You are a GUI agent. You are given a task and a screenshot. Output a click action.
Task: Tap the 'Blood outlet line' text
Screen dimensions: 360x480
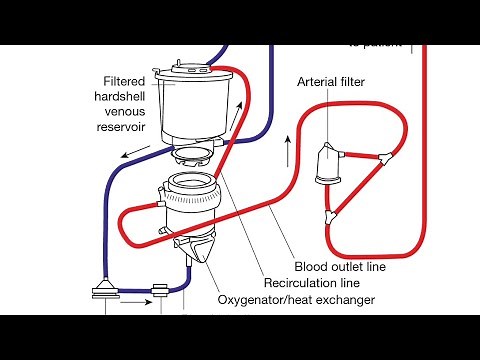340,267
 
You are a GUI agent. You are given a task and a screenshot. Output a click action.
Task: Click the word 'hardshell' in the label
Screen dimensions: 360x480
126,97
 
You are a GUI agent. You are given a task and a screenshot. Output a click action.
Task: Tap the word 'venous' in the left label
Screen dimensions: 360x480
133,113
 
